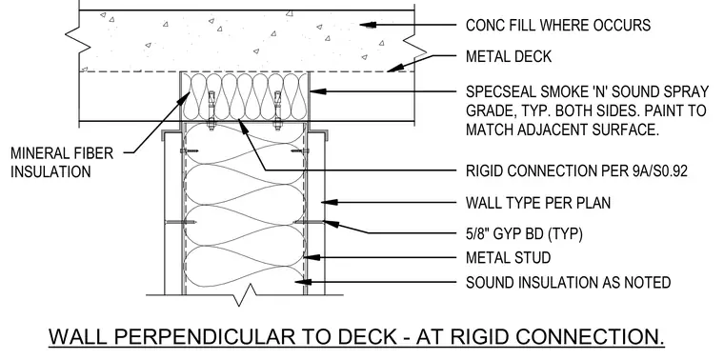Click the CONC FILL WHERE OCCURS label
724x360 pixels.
coord(558,25)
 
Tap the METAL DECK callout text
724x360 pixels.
coord(509,56)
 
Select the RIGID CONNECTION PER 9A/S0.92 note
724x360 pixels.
coord(576,170)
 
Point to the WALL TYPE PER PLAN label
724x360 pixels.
coord(538,203)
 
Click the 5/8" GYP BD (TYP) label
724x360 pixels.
coord(524,234)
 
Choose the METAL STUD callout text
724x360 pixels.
coord(508,257)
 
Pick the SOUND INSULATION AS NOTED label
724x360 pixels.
coord(568,282)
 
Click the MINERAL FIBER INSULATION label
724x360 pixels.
coord(62,162)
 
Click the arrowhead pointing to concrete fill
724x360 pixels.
coord(367,25)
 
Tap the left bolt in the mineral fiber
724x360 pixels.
coord(211,110)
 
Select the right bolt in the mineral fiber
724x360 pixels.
coord(277,110)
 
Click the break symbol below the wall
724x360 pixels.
coord(244,295)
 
